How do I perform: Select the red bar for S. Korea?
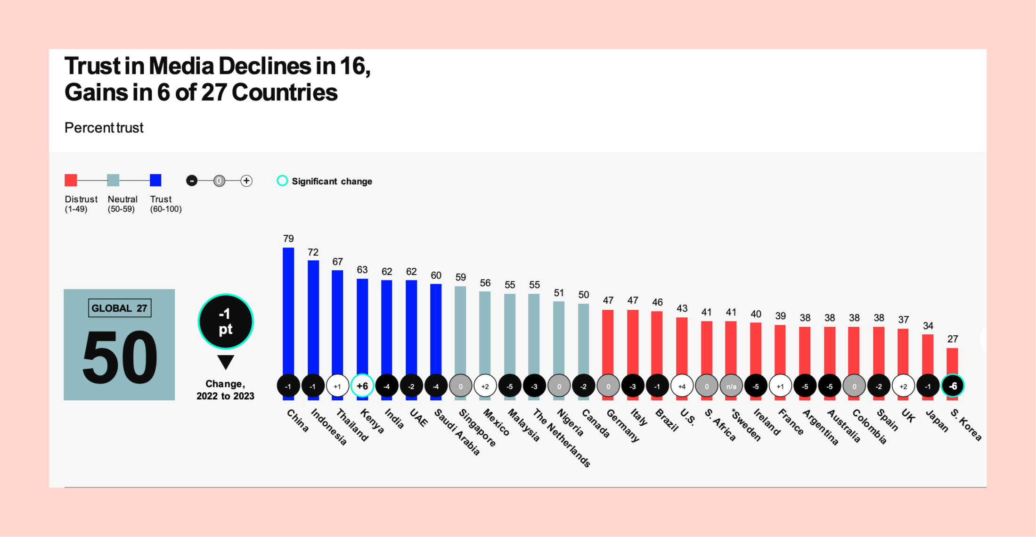(952, 361)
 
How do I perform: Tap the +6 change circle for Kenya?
(362, 386)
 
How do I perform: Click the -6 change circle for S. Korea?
(953, 386)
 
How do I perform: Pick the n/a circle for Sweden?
(731, 386)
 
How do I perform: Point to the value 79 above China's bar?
(288, 239)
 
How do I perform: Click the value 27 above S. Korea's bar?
(953, 339)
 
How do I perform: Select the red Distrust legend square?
(71, 180)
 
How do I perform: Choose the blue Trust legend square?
(155, 180)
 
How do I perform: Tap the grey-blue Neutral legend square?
(113, 180)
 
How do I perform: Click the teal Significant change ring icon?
(282, 181)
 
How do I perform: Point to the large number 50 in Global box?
(120, 357)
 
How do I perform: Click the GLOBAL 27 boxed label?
(120, 308)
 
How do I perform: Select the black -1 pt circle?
(226, 322)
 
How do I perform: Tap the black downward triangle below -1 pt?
(226, 362)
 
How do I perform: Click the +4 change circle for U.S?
(682, 386)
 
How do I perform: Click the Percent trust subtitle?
(104, 128)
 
